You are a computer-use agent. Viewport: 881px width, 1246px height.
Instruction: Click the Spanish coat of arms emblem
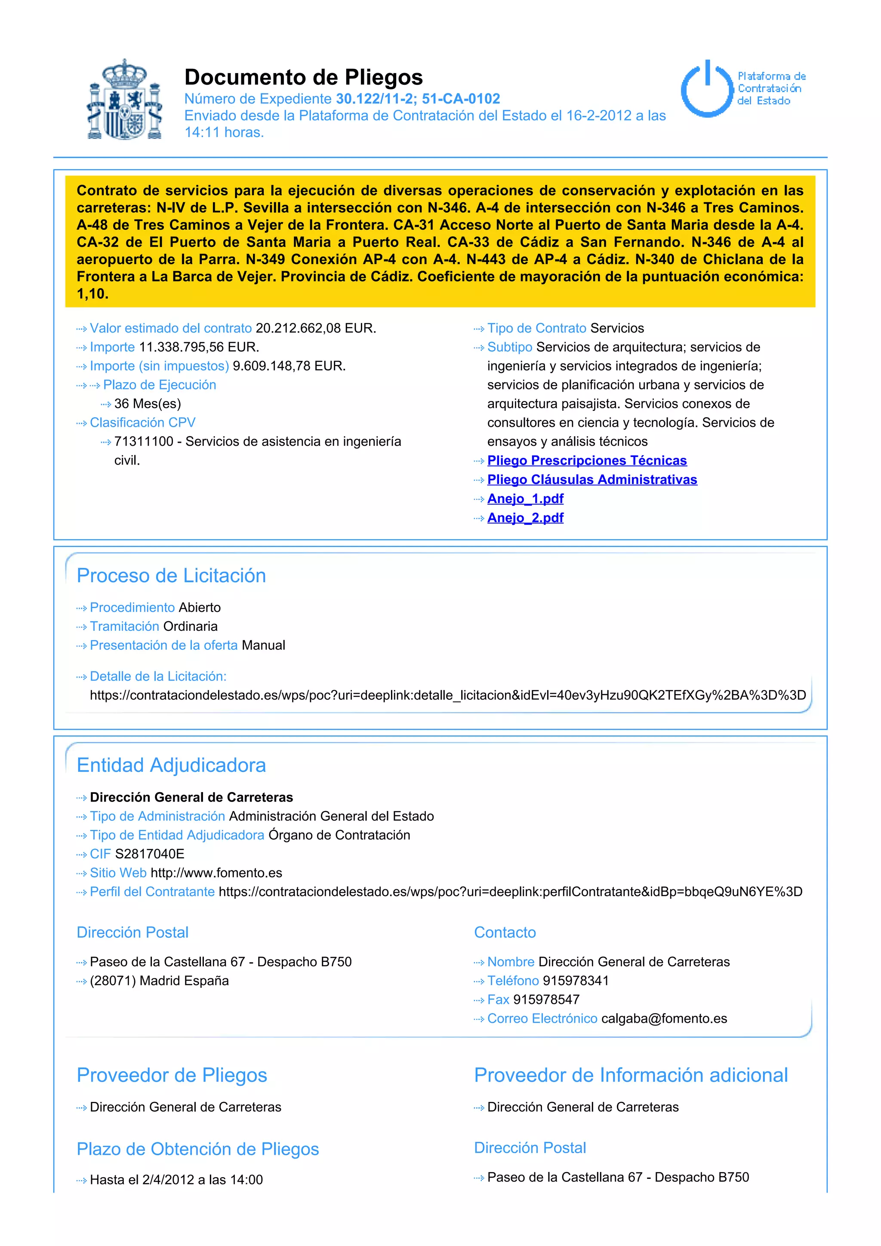click(125, 100)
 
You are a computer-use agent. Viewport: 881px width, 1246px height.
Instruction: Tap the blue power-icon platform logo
click(707, 89)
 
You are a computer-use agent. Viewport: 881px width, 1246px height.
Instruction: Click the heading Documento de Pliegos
click(303, 77)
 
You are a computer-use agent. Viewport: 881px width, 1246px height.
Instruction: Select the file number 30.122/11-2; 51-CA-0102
click(418, 99)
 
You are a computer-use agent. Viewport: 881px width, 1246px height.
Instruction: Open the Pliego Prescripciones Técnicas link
click(586, 461)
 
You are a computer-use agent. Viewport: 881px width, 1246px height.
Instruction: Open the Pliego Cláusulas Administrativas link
click(592, 480)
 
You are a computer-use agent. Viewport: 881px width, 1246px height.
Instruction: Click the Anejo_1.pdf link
click(525, 499)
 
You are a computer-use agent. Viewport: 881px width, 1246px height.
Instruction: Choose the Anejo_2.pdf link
click(525, 518)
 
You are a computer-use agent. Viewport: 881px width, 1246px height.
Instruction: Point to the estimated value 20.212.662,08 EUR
click(316, 328)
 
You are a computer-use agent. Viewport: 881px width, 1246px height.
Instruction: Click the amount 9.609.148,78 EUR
click(289, 366)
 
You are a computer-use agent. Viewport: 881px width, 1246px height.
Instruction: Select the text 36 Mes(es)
click(148, 404)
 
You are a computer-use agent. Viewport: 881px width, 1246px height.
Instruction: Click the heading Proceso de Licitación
click(172, 576)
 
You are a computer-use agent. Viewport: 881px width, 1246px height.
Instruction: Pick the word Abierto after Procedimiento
click(200, 608)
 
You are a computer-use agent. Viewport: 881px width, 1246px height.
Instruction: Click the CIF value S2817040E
click(150, 854)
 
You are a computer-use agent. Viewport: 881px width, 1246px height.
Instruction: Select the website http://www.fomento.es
click(216, 873)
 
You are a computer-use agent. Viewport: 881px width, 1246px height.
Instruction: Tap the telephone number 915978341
click(576, 981)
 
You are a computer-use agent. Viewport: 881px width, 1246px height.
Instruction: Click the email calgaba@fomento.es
click(664, 1019)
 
